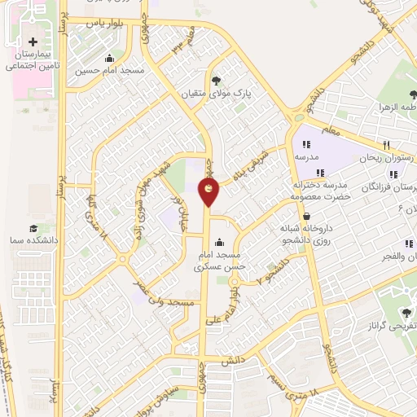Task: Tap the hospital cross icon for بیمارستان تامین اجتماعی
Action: pyautogui.click(x=33, y=42)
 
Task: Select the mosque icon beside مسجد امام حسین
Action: pyautogui.click(x=110, y=58)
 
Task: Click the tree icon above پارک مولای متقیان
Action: pyautogui.click(x=216, y=79)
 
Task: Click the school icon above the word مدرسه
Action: pyautogui.click(x=305, y=144)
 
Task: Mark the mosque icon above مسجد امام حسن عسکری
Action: pyautogui.click(x=218, y=242)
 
